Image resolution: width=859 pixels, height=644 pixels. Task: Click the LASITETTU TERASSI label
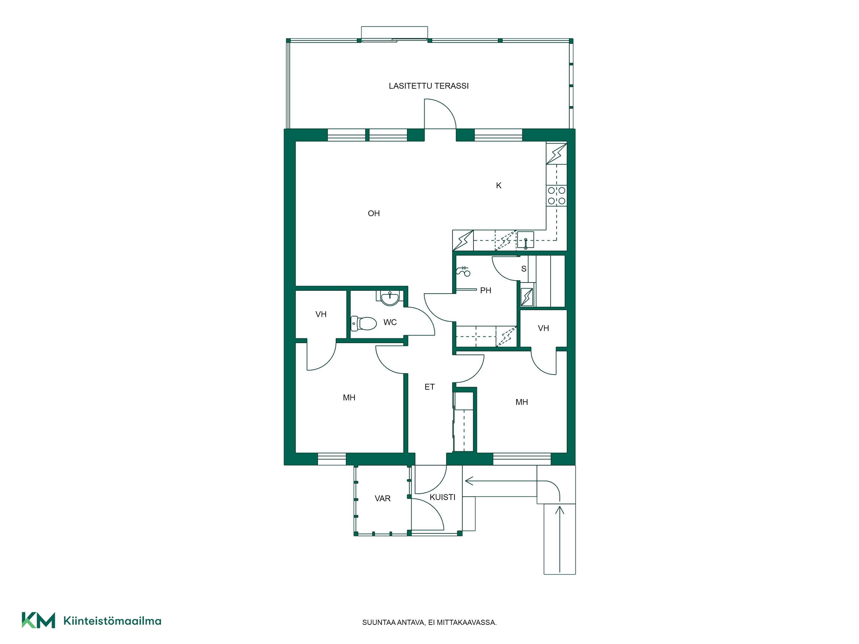(x=429, y=86)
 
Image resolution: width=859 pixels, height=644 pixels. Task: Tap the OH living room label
(x=374, y=213)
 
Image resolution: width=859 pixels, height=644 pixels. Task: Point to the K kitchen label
(x=499, y=185)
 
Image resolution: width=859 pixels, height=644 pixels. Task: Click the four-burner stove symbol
(x=556, y=196)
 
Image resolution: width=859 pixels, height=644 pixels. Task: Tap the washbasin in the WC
(x=390, y=298)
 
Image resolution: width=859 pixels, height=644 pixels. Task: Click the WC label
(x=390, y=322)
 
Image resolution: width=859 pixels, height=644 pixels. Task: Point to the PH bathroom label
(x=485, y=290)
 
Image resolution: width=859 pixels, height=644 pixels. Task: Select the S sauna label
(x=524, y=269)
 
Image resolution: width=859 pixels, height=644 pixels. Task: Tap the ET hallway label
(x=429, y=387)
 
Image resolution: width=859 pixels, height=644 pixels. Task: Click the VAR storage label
(x=382, y=498)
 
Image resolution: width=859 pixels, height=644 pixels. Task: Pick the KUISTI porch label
(x=442, y=497)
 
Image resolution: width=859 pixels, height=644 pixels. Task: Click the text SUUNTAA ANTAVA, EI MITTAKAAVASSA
(x=429, y=622)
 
